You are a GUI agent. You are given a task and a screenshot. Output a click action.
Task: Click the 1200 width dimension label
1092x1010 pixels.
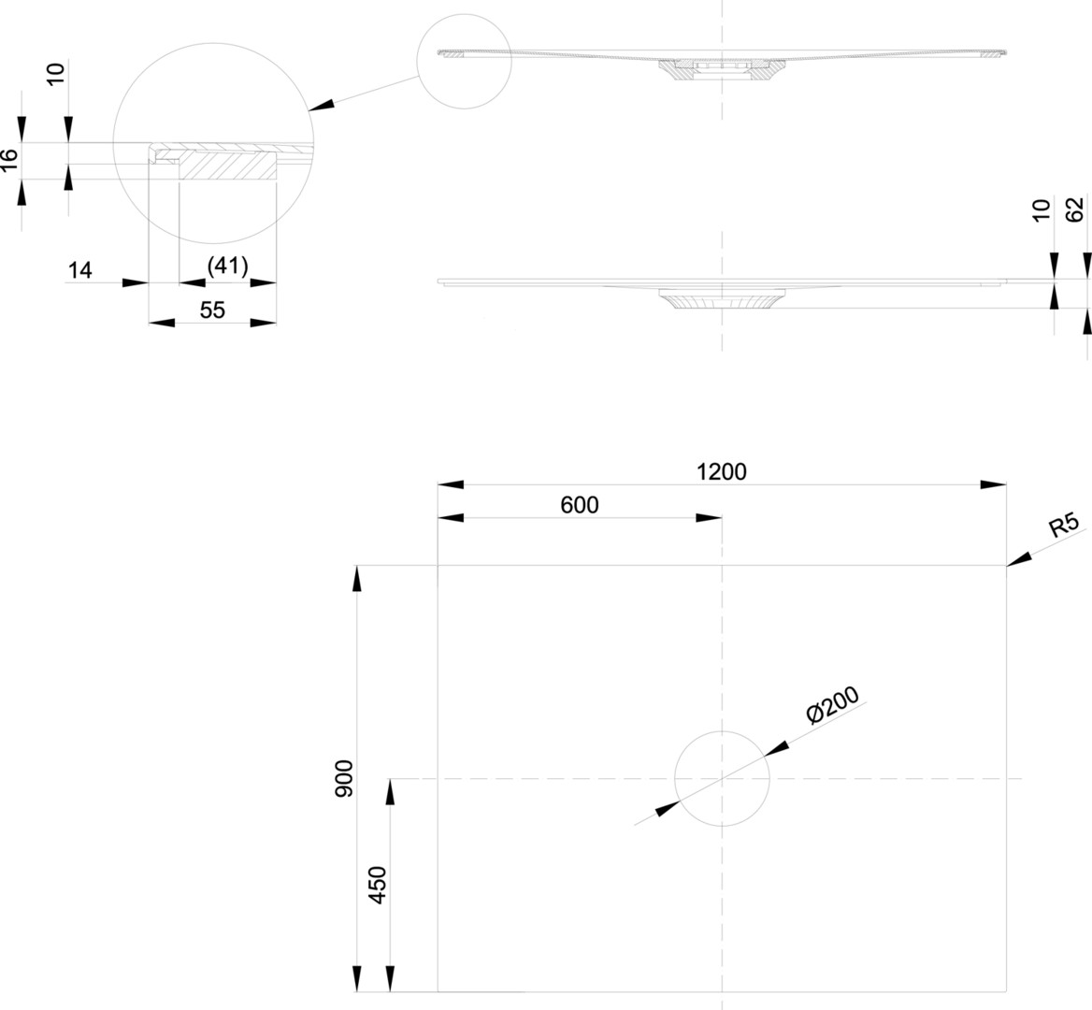point(722,472)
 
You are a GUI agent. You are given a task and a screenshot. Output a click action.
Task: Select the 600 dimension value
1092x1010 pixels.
point(580,505)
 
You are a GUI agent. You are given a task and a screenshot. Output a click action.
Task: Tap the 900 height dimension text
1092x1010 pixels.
point(344,778)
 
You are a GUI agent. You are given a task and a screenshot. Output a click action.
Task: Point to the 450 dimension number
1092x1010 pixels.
point(378,885)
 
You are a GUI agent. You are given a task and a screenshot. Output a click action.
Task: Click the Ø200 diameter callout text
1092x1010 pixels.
point(833,705)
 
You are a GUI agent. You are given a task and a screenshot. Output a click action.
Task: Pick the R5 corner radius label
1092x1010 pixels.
point(1064,525)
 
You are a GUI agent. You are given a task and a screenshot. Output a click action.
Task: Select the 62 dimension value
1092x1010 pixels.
point(1075,209)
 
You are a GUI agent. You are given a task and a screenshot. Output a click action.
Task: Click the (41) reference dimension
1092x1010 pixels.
point(228,266)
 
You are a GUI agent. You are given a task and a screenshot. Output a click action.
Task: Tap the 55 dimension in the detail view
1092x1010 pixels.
point(212,310)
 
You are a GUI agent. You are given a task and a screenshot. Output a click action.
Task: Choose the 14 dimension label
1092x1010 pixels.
point(80,269)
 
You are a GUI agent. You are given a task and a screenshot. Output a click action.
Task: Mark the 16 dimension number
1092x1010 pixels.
point(9,160)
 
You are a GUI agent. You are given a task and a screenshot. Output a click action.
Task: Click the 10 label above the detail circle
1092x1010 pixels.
point(56,73)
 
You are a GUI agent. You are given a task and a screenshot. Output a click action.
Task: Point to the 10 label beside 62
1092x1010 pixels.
point(1041,210)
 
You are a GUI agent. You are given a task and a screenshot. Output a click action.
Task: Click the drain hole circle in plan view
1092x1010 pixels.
point(722,731)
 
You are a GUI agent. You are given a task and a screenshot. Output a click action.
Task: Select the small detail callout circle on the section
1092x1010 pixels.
point(465,15)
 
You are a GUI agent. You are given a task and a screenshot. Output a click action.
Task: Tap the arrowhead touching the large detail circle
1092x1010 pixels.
point(321,105)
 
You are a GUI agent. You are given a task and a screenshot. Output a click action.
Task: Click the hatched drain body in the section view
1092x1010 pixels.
point(722,70)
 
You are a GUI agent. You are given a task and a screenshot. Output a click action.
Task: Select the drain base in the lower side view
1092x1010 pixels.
point(722,299)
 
